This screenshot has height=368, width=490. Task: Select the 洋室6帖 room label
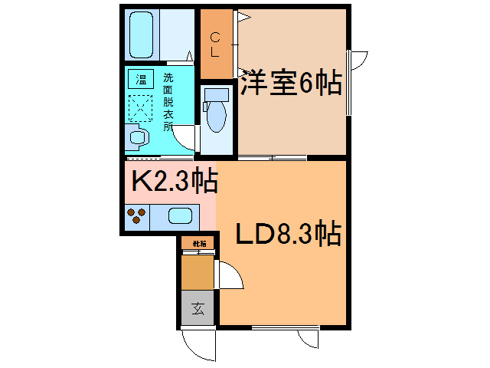point(291,84)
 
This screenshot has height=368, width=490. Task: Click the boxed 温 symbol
point(140,79)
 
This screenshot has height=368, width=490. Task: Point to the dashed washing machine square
point(141,107)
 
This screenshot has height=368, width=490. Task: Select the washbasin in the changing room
point(139,138)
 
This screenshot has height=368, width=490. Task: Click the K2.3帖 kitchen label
point(175,182)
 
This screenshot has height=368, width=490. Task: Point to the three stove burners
point(136,216)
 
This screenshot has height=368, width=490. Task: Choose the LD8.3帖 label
point(287,233)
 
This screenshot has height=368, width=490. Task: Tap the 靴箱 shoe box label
point(198,244)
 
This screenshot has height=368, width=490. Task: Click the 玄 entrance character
point(198,309)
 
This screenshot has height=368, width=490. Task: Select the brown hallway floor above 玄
point(198,271)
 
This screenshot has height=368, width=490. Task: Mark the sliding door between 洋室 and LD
point(272,158)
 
